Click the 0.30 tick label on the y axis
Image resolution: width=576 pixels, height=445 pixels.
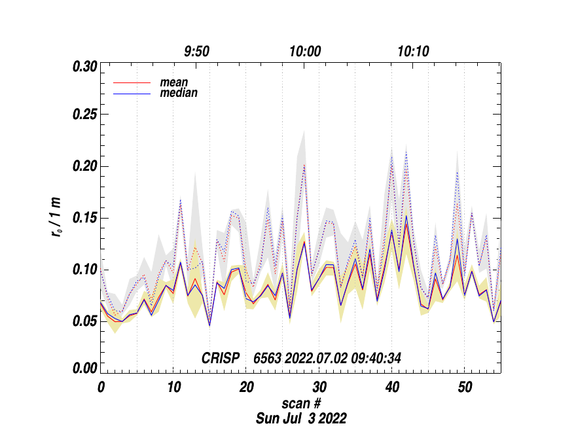click(85, 66)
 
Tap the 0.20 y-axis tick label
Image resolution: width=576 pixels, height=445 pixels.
click(85, 166)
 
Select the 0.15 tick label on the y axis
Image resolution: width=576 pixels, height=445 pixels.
click(85, 218)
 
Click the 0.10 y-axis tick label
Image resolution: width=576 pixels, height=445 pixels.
click(85, 270)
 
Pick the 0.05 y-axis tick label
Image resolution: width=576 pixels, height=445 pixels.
click(85, 321)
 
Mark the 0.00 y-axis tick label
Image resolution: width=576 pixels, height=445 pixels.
click(85, 368)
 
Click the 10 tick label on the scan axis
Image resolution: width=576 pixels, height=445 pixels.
click(173, 387)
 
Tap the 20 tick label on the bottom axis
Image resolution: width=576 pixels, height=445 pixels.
click(246, 387)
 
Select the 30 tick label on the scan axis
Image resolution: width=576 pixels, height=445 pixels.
click(319, 387)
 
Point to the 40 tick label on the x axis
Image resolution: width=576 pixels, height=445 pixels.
click(391, 387)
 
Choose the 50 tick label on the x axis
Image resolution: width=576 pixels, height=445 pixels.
click(464, 387)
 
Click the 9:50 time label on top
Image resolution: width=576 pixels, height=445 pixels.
click(196, 52)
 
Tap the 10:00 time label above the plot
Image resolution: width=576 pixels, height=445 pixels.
click(305, 52)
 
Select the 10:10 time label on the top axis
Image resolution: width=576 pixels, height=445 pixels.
click(413, 52)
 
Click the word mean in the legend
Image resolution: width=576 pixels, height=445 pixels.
click(174, 82)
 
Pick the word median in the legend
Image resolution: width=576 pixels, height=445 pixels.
click(179, 93)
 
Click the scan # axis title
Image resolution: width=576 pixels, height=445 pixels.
click(301, 402)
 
